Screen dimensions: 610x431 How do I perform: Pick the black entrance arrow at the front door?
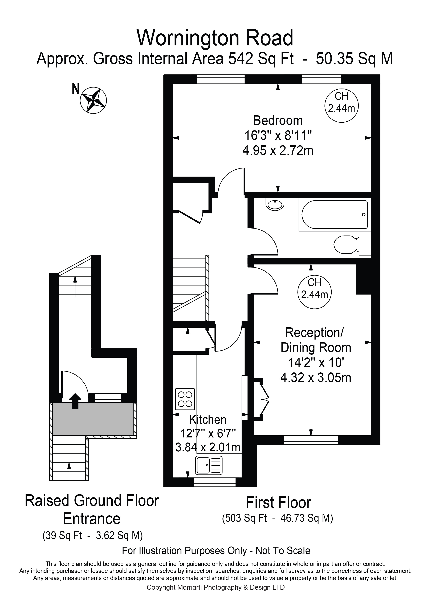click(x=75, y=401)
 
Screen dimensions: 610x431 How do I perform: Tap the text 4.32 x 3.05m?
click(x=316, y=377)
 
